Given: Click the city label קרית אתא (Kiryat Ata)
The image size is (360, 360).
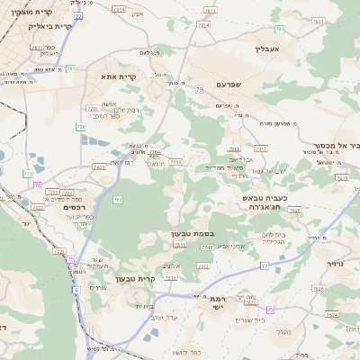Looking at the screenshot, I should (x=118, y=77).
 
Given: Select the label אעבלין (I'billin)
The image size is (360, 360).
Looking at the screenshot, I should (x=268, y=49).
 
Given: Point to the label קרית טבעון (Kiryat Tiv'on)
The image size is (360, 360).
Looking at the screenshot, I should (x=136, y=279).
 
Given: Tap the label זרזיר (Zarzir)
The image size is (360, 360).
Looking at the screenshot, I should (x=337, y=266).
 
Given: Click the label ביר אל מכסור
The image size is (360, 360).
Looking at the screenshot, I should (x=335, y=144).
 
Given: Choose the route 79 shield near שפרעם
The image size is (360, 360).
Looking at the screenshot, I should (x=197, y=90).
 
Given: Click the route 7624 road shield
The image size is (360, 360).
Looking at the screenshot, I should (x=330, y=314).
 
